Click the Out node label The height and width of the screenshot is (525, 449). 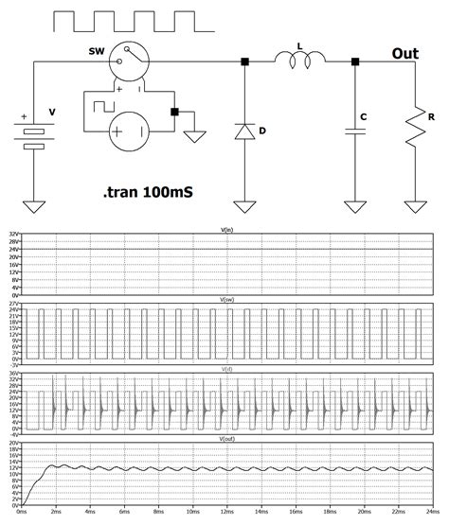tap(405, 54)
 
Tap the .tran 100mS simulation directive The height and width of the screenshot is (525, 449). tap(146, 191)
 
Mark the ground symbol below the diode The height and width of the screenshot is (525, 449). tap(244, 205)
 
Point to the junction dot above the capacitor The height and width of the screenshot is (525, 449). tap(355, 62)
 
